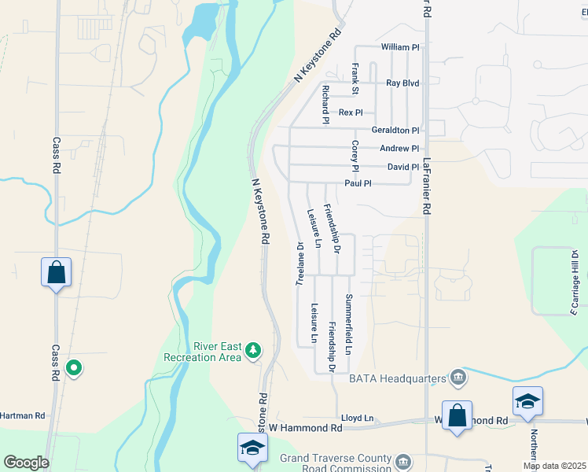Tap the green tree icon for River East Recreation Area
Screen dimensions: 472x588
(x=253, y=349)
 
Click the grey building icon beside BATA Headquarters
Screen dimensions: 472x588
(x=458, y=378)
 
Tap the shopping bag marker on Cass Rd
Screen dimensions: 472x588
(x=57, y=273)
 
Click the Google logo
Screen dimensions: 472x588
(x=26, y=462)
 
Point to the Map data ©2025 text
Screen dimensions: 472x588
(x=553, y=466)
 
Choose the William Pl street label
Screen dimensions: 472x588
(x=400, y=47)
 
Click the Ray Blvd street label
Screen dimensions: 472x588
(x=402, y=83)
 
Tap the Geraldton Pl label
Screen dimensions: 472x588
(x=395, y=130)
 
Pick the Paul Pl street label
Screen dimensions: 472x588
(x=357, y=183)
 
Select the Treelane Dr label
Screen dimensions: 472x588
(x=300, y=263)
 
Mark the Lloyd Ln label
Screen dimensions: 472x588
(x=357, y=419)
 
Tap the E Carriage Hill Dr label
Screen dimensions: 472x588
(x=575, y=283)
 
